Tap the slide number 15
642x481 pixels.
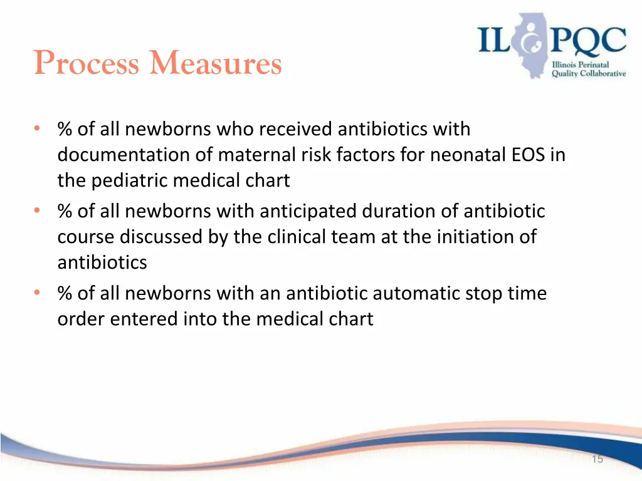(597, 459)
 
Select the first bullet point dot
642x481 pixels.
(38, 129)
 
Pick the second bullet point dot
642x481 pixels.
(38, 211)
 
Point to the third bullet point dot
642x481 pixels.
(38, 293)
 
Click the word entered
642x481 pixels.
(144, 319)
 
